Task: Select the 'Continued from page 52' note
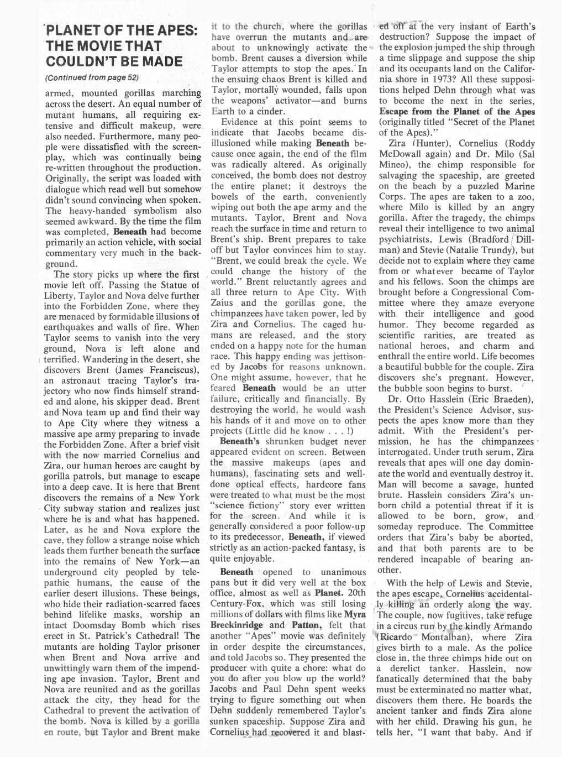click(x=92, y=77)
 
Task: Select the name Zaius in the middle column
click(x=224, y=303)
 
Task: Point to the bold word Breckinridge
click(x=235, y=625)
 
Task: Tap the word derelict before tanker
click(x=411, y=669)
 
